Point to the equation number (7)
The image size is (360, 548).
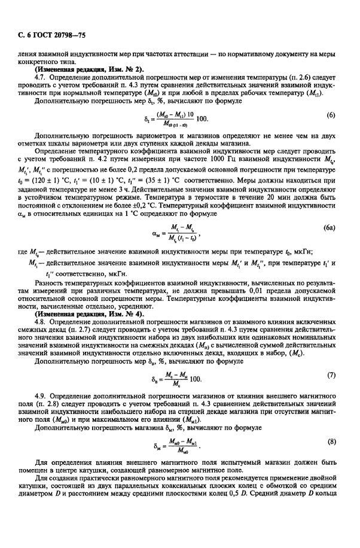click(330, 374)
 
